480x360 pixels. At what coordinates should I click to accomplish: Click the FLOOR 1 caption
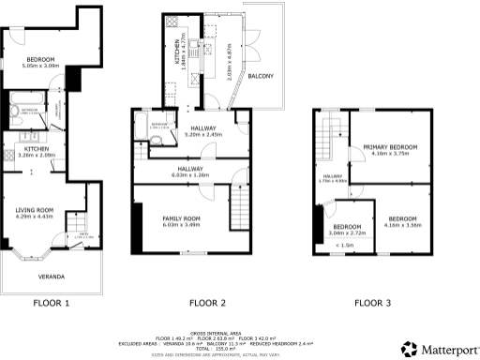point(52,303)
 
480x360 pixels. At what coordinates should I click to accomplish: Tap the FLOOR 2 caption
point(207,303)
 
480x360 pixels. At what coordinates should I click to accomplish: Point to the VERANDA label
point(51,277)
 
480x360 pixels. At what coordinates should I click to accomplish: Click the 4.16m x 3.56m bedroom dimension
point(403,224)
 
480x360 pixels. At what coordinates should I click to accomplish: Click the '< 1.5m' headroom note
point(348,245)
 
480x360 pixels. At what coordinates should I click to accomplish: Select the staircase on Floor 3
point(330,141)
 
